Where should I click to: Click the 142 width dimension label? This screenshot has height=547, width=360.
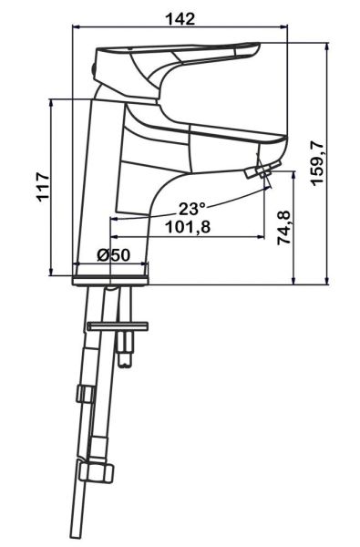tap(180, 18)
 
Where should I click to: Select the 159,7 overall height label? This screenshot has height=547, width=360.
tap(317, 164)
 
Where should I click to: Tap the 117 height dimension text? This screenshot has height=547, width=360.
tap(44, 186)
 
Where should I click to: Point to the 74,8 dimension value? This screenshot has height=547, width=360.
tap(283, 228)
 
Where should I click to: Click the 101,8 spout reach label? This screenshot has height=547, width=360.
tap(188, 227)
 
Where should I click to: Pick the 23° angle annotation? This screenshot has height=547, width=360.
tap(192, 209)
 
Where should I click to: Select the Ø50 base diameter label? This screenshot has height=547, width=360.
tap(113, 255)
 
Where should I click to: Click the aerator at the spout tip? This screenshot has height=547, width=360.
tap(262, 170)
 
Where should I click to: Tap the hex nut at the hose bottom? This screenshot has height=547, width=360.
tap(96, 472)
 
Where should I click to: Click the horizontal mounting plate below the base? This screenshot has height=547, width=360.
tap(118, 326)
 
